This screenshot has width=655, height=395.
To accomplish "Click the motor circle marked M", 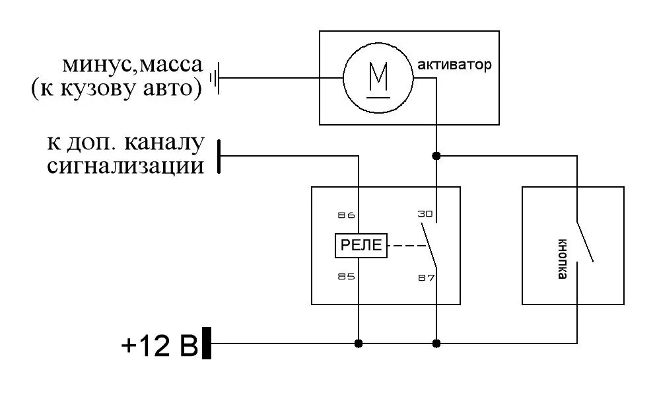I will click(378, 78).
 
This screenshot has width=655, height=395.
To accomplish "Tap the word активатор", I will click(455, 65).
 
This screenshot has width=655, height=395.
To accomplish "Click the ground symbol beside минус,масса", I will click(215, 79).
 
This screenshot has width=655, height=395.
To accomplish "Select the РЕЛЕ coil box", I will click(361, 246).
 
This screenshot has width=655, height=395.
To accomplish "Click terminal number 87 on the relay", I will click(426, 277).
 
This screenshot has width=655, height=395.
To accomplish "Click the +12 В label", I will click(159, 345).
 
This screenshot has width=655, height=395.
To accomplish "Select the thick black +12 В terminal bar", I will click(207, 343).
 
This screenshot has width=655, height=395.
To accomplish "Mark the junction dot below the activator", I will click(436, 157).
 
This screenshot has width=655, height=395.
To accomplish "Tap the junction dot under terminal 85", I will click(359, 343).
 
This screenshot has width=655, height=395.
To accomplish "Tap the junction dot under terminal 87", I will click(436, 343).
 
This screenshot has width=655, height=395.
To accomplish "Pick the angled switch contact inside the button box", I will click(584, 240).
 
